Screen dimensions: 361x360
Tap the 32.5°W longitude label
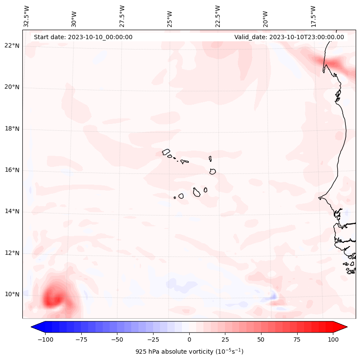click(x=27, y=16)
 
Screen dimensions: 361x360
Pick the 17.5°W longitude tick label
click(x=313, y=16)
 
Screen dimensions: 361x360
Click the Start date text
click(x=83, y=37)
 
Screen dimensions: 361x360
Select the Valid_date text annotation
click(x=289, y=37)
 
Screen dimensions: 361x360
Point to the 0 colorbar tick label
click(x=189, y=339)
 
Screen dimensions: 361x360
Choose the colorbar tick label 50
click(x=261, y=339)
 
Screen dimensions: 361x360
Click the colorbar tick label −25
click(x=153, y=339)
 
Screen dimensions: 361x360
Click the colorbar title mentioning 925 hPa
click(x=189, y=352)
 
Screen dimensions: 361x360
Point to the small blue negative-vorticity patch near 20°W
click(x=274, y=296)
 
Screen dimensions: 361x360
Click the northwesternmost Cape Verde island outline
click(x=166, y=152)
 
